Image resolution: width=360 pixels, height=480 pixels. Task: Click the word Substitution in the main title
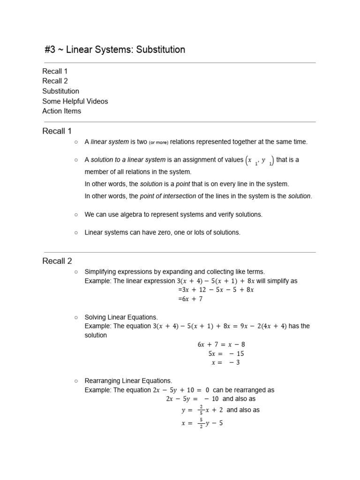click(x=161, y=49)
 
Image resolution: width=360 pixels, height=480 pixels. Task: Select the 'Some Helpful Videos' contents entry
click(x=75, y=101)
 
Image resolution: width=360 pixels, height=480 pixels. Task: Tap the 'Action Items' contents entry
click(x=61, y=111)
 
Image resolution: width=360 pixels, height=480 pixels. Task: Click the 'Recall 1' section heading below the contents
click(x=57, y=131)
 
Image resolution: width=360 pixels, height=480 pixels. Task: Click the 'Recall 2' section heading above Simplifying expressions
click(x=57, y=261)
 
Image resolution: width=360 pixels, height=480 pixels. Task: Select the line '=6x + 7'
click(x=190, y=299)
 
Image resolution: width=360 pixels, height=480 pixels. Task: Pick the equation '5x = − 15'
click(x=226, y=353)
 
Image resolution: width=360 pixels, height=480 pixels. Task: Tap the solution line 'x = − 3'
click(x=226, y=362)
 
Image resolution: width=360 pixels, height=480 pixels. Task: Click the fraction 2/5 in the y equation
click(x=201, y=410)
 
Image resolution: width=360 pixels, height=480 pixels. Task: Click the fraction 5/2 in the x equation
click(x=201, y=423)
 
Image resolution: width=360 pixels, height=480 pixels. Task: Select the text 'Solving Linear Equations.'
click(x=121, y=317)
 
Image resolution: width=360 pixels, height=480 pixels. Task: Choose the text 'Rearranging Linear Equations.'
click(x=128, y=381)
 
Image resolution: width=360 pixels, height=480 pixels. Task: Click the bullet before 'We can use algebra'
click(x=75, y=214)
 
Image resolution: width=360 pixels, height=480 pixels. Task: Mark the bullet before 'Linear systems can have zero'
click(x=75, y=232)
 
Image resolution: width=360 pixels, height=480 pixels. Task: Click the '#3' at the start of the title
click(x=50, y=49)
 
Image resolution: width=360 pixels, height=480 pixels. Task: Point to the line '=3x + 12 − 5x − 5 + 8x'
click(x=216, y=290)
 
